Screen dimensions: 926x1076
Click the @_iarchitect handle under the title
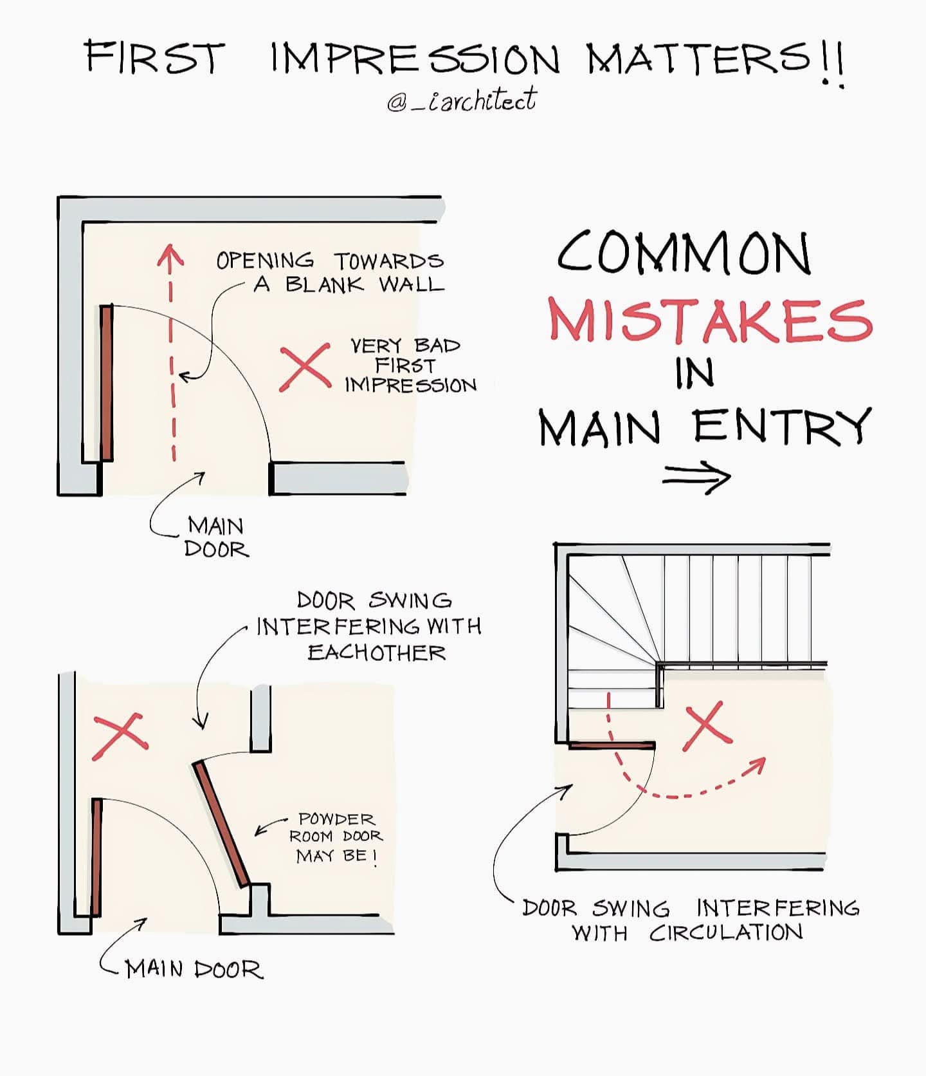click(x=462, y=100)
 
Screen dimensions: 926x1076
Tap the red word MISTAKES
click(x=710, y=320)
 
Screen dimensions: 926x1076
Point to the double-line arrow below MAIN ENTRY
click(x=696, y=478)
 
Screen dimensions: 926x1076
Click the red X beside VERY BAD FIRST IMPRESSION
click(x=305, y=367)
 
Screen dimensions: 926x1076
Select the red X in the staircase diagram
click(x=706, y=725)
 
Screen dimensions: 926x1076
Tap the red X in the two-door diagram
click(x=120, y=736)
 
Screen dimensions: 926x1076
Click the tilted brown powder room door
click(x=221, y=824)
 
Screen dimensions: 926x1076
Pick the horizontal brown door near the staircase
click(x=612, y=745)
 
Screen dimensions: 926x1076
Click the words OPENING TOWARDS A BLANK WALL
click(x=331, y=272)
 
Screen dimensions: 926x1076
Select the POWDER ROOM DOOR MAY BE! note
click(x=336, y=837)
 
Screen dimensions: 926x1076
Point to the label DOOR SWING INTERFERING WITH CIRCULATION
click(x=691, y=920)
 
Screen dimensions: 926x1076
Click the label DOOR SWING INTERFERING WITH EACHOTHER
click(x=369, y=626)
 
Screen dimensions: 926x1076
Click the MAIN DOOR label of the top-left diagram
click(x=216, y=537)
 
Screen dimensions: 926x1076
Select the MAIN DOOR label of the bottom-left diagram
click(x=194, y=969)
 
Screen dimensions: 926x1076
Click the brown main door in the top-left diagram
click(x=107, y=383)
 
